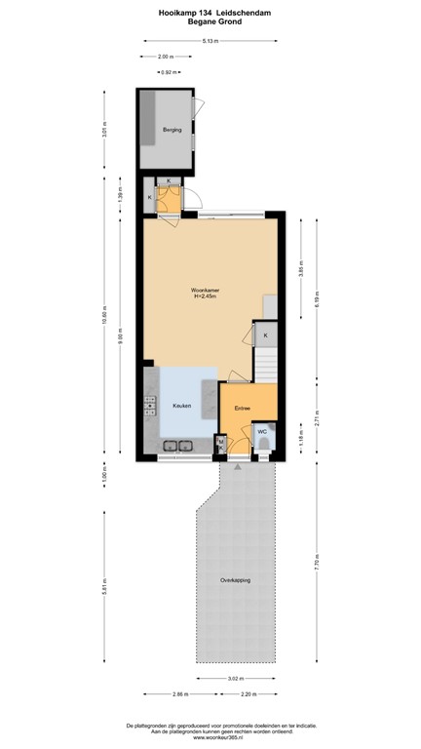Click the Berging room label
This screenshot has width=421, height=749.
(x=172, y=128)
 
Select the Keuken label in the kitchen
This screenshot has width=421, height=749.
(x=181, y=406)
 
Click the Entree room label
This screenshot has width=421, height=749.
(x=243, y=408)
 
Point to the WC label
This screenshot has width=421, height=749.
(x=263, y=430)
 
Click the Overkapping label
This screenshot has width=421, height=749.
(x=235, y=579)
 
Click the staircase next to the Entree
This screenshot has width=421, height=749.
(x=267, y=367)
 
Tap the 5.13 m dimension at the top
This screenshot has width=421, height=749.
(x=210, y=41)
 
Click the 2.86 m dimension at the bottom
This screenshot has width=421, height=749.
(x=181, y=693)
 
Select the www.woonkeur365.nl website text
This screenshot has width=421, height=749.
(x=210, y=738)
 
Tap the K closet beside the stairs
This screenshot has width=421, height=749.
(x=266, y=335)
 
